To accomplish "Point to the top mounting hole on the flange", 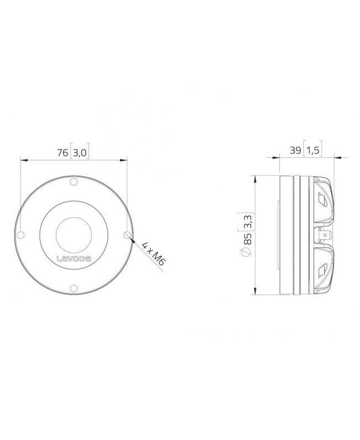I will click(74, 182).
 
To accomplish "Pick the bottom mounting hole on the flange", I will click(74, 287).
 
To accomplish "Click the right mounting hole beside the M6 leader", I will click(127, 234).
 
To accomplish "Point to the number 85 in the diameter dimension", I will click(247, 239).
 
